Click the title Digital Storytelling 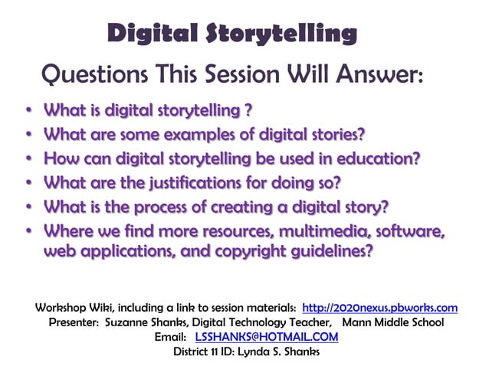coord(232,34)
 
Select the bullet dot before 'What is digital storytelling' coord(28,111)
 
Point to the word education coord(381,159)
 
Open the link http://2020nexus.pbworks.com coord(380,308)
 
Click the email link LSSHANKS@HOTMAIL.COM coord(266,337)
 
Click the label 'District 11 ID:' coord(208,351)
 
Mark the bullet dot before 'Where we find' coord(28,230)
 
